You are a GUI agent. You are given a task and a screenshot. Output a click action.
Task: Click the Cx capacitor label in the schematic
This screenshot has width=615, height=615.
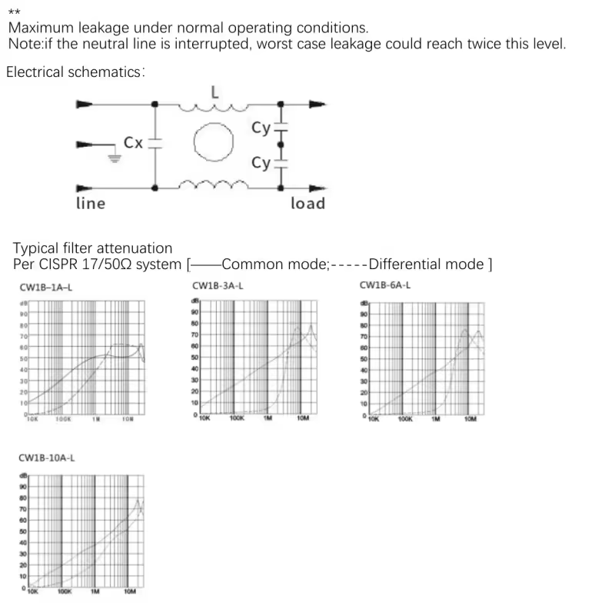coord(133,143)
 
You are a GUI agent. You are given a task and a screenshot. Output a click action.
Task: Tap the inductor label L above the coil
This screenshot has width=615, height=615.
coord(214,93)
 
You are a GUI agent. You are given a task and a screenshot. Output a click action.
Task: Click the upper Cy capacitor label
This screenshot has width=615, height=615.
coord(261,128)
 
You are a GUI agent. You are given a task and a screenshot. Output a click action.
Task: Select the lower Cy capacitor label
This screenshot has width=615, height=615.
coord(261,163)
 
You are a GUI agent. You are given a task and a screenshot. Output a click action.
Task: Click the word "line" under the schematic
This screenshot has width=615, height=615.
coord(90,204)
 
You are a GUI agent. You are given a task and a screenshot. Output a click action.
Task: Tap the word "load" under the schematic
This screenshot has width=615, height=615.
coord(307,204)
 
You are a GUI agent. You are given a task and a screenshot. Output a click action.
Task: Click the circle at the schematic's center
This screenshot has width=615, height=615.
coord(214,144)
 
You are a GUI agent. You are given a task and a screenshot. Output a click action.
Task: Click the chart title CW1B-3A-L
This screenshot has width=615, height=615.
coord(218,286)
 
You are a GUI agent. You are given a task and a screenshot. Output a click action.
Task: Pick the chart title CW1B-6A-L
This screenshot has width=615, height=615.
coord(385,286)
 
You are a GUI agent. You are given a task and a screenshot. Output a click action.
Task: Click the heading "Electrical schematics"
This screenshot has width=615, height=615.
coord(74,73)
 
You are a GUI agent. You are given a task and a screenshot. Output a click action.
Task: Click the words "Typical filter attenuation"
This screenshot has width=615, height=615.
coord(93,248)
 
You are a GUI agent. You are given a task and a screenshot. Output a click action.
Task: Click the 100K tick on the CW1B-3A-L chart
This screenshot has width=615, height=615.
coord(238,419)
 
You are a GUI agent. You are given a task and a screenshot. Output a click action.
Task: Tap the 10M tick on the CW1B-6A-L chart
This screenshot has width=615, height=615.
coord(470,420)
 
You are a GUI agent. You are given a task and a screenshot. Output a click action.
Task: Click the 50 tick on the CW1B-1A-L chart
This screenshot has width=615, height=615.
coord(24,359)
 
